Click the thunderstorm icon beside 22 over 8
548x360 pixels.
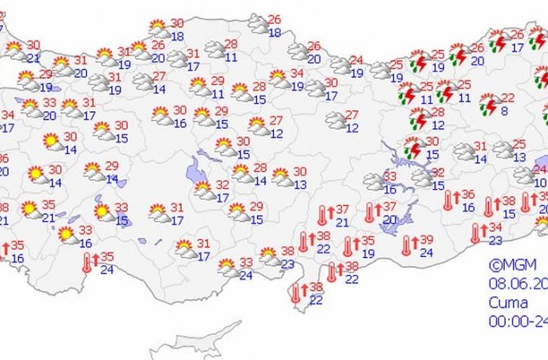point(489,104)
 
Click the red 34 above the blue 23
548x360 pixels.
point(495,227)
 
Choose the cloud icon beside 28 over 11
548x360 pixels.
point(215,50)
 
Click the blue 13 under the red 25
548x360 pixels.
point(521,156)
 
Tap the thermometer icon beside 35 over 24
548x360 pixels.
point(88,262)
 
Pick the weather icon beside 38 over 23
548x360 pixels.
point(268,257)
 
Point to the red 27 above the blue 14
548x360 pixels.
point(159,77)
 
